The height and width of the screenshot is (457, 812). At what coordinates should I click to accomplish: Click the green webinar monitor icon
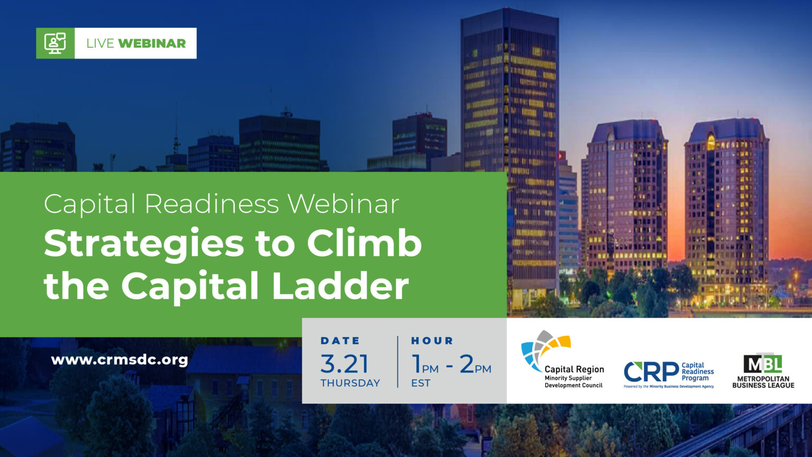[55, 43]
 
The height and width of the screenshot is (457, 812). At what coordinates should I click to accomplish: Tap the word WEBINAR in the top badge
[152, 43]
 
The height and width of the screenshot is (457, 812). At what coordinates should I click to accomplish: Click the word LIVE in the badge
[100, 43]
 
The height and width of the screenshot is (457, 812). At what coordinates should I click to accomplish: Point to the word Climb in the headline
[364, 243]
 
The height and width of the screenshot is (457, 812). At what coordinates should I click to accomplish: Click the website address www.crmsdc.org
[119, 360]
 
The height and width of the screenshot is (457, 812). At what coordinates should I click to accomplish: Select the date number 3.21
[344, 364]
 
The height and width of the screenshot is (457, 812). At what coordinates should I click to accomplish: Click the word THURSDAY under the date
[350, 383]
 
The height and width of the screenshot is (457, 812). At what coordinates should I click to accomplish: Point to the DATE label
[340, 341]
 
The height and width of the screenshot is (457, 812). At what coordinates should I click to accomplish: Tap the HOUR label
[432, 341]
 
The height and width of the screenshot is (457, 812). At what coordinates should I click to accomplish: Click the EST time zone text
[420, 383]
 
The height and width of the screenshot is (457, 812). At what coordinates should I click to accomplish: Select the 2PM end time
[475, 364]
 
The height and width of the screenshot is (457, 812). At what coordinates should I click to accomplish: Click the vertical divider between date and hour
[398, 362]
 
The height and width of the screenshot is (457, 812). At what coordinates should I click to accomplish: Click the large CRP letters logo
[651, 372]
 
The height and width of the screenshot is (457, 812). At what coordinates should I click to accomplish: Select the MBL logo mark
[763, 363]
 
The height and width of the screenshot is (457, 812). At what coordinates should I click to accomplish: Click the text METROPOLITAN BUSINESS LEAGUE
[763, 382]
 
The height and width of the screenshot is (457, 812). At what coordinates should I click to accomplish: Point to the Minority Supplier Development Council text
[574, 382]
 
